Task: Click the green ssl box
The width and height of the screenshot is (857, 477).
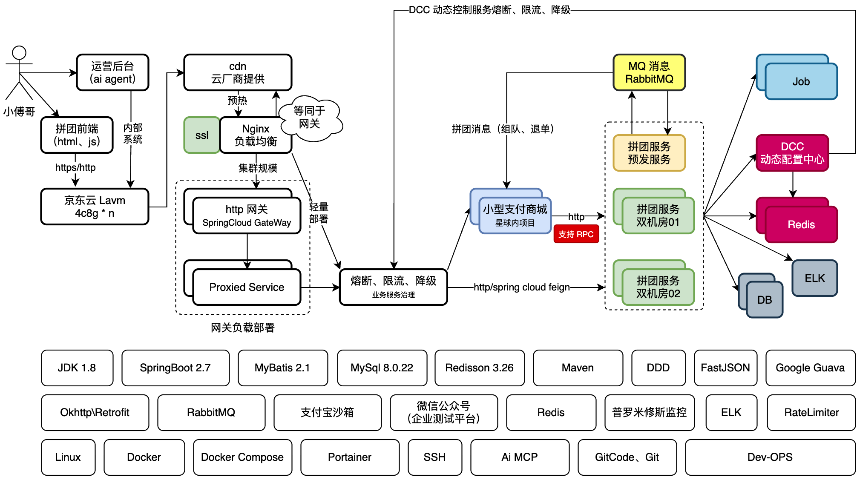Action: tap(201, 135)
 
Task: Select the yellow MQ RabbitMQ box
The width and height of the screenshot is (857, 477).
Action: tap(649, 72)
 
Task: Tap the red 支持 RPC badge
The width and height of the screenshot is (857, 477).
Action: tap(576, 234)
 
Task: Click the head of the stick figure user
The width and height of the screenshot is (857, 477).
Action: tap(19, 53)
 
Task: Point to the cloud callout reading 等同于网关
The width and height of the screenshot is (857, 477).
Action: tap(310, 118)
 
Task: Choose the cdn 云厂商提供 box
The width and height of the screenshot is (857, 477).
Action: tap(238, 72)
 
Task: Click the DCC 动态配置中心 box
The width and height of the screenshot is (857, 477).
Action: tap(792, 153)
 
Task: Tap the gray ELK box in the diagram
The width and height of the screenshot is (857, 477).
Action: tap(814, 278)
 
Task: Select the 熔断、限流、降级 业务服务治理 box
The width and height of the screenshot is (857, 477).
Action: tap(393, 287)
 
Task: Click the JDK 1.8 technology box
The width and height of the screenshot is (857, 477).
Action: tap(77, 368)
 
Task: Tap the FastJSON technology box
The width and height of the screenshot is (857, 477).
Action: tap(725, 368)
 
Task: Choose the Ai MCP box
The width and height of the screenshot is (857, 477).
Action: tap(520, 457)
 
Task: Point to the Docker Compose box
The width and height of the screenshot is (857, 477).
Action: tap(242, 457)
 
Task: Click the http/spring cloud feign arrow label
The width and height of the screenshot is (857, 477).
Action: tap(522, 287)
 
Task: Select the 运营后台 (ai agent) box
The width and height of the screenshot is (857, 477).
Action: tap(112, 72)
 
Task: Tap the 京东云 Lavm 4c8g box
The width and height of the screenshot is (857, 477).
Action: tap(95, 207)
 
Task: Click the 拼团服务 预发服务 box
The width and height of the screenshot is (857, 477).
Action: tap(649, 153)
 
